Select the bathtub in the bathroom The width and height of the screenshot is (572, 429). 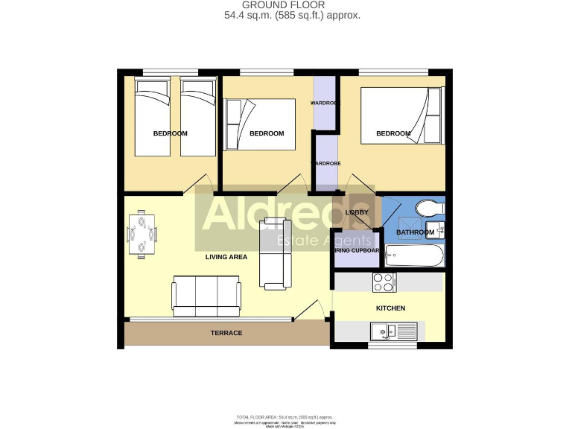(x=414, y=257)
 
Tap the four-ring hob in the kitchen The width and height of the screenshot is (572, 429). (x=384, y=283)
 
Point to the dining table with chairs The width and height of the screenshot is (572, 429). (x=142, y=233)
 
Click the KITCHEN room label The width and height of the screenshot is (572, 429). (x=390, y=308)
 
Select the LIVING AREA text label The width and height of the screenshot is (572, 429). (x=226, y=257)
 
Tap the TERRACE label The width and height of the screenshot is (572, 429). (x=227, y=333)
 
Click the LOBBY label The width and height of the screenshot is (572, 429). (x=357, y=212)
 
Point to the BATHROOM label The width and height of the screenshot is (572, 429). (x=415, y=232)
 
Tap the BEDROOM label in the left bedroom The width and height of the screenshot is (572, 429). (x=171, y=133)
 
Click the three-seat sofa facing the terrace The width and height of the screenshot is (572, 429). (x=206, y=296)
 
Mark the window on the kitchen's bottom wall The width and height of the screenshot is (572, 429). (x=393, y=346)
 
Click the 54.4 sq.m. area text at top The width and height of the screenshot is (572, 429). (x=292, y=15)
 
